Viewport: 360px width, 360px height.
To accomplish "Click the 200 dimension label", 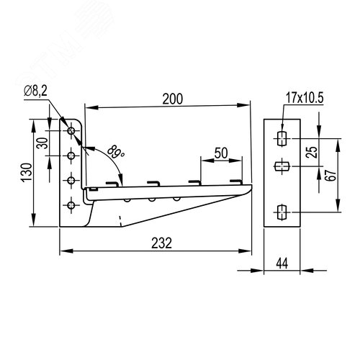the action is tap(173, 99).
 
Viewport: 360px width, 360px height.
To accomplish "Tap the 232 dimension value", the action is tap(161, 243).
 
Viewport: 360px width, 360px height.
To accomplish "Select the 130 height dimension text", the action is tap(27, 172).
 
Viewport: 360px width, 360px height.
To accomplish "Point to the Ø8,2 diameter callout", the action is tap(35, 91).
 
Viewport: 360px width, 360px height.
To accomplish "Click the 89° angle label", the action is tap(115, 152).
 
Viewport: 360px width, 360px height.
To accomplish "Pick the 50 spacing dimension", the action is tap(221, 153).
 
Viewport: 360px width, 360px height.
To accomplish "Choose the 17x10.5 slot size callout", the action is tap(305, 98).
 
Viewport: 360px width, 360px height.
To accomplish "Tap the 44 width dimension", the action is tap(282, 264).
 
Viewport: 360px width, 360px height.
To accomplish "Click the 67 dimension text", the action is tap(331, 175).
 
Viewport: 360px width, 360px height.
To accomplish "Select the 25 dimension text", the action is tap(312, 152).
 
